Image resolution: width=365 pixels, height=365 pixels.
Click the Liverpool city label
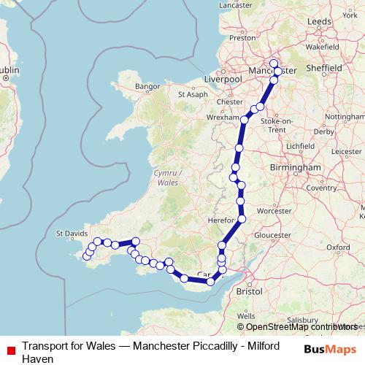point(223,78)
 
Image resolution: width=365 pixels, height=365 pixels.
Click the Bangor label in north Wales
point(147,86)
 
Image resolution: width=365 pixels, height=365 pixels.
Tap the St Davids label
point(72,234)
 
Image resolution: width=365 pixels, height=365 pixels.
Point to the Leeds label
point(319,23)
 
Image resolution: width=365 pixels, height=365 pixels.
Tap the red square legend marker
point(9,348)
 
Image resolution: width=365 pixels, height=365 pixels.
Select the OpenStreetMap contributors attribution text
point(300,326)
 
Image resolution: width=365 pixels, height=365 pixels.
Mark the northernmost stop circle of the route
point(274,63)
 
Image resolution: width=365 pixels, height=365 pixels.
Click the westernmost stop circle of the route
point(85,256)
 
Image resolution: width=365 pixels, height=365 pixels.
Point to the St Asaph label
point(193,94)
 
